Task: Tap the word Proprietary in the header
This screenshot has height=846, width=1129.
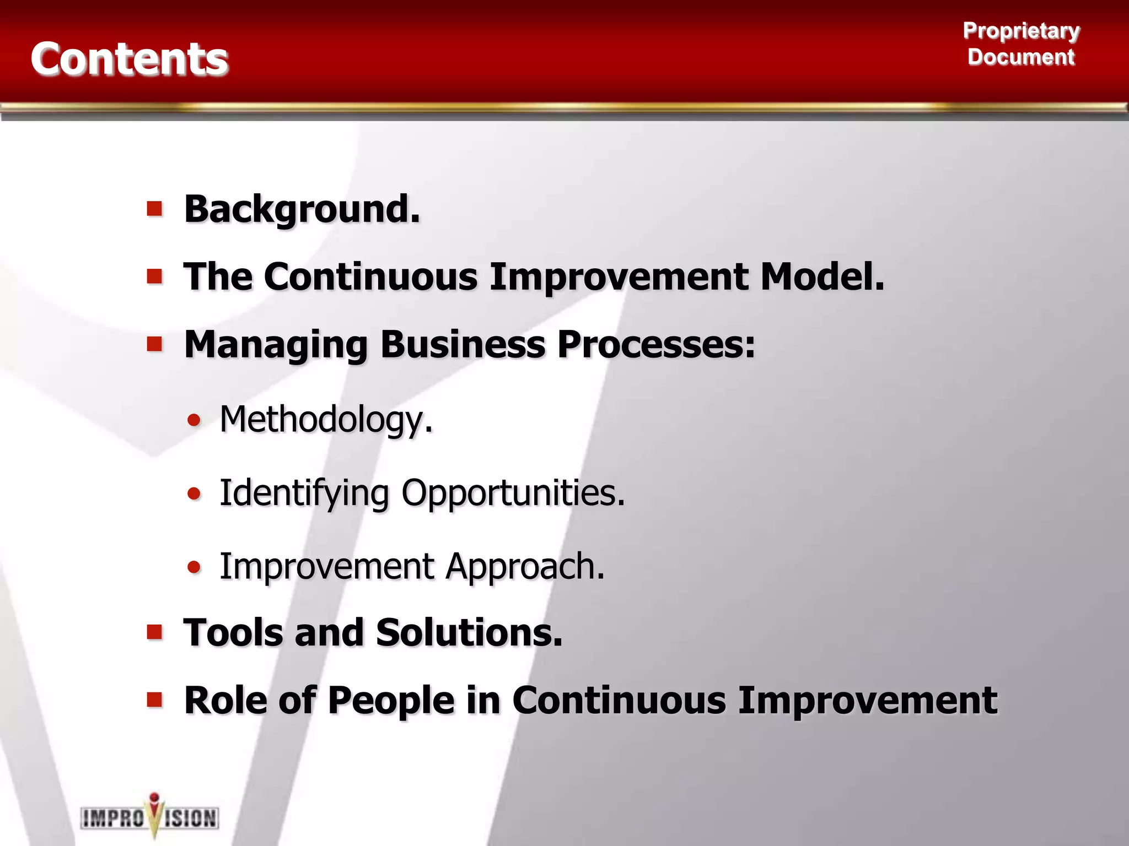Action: pos(1021,30)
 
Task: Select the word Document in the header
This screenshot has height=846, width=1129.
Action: pos(1021,57)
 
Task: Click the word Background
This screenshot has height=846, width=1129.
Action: pos(302,209)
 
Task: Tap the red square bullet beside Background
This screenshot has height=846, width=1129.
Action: pos(155,209)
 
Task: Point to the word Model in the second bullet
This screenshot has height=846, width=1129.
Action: pos(821,276)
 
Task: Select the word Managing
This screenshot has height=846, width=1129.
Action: pos(276,345)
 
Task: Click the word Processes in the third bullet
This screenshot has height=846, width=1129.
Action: pos(655,344)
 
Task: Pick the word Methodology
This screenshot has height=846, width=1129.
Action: pos(325,420)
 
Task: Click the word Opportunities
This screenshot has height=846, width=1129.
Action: pos(513,492)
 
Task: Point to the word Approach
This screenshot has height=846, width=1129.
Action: pos(524,566)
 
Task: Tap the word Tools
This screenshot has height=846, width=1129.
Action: pos(233,632)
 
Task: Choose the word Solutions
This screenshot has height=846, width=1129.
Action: pos(469,632)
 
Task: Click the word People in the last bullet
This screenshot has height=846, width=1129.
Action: pos(391,701)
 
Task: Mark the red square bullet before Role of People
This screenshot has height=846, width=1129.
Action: pos(155,700)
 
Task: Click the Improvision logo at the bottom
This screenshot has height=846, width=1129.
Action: pos(150,816)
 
